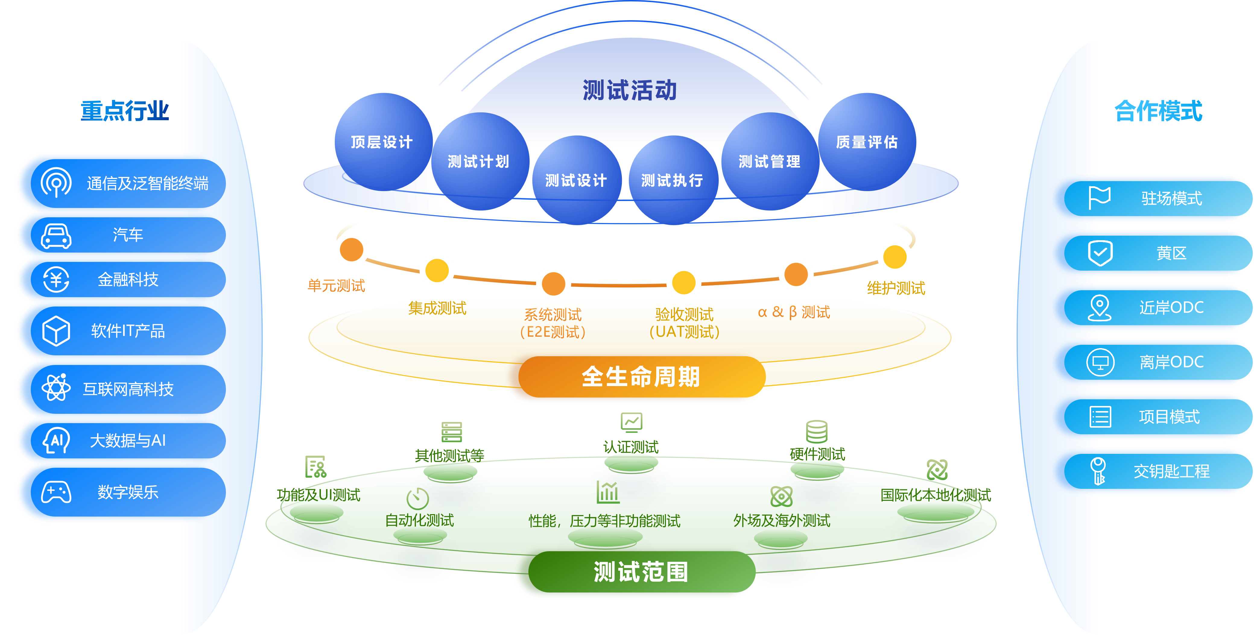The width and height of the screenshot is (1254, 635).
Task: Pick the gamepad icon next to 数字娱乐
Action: (56, 492)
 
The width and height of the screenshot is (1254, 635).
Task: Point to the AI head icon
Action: (56, 440)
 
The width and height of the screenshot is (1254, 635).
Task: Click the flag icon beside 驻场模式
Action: (1099, 198)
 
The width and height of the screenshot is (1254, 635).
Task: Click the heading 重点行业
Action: (125, 111)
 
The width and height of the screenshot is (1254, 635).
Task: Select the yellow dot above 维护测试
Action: (895, 257)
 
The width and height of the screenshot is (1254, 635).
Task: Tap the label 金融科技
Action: (128, 279)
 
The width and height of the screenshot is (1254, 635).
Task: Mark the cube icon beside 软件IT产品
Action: (56, 331)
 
